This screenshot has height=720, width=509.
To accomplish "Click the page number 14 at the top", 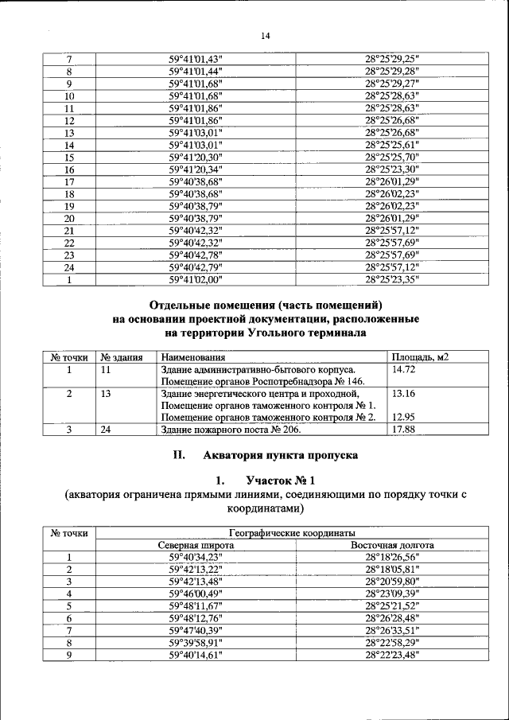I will coord(266,36).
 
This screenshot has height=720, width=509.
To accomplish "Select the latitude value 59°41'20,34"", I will coord(196,169).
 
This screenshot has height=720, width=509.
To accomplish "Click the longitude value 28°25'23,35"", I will coord(392,280).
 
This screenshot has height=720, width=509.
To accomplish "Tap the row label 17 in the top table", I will coord(68,181).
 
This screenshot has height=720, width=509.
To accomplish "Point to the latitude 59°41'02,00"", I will coord(196,280).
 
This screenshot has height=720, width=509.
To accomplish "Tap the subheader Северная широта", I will coord(196,546).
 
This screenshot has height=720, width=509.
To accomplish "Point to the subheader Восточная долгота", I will coord(392,546).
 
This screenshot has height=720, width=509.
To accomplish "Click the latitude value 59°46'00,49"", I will coord(196,594).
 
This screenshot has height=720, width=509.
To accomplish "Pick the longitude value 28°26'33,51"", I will coord(392,630).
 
